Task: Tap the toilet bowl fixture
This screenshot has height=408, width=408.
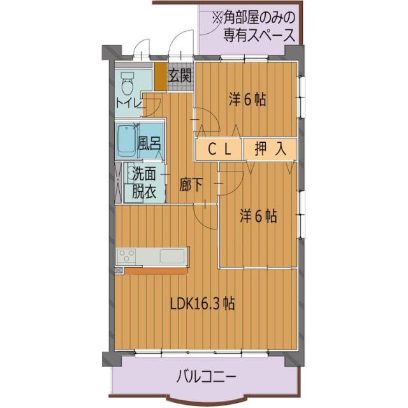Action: [x=127, y=83]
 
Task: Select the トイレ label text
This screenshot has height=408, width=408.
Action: [x=129, y=103]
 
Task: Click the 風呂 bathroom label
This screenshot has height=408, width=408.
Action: [x=149, y=143]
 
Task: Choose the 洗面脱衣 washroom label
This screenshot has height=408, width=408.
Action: [x=144, y=182]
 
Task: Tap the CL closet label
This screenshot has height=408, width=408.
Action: [x=219, y=150]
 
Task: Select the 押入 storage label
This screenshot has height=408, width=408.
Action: [x=270, y=150]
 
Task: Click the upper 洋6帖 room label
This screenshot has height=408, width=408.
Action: [x=247, y=99]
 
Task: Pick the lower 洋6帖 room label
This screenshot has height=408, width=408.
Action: [x=258, y=216]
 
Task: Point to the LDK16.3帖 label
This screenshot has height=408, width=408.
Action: [x=202, y=304]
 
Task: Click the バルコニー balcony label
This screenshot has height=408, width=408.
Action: [x=206, y=378]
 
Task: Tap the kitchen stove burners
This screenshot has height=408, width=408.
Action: [x=126, y=257]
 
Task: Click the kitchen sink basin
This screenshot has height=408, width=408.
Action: [x=171, y=256]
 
